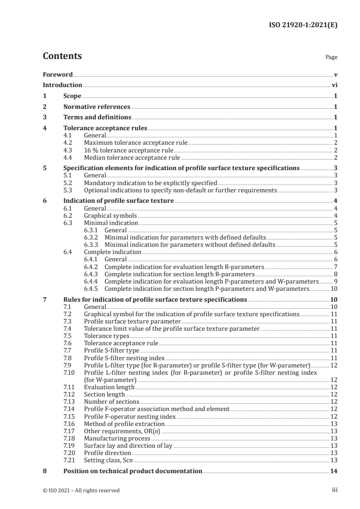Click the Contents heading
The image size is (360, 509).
tap(62, 56)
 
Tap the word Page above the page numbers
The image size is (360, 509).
tap(331, 58)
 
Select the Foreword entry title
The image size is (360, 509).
tap(58, 74)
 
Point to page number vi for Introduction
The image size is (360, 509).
tap(334, 85)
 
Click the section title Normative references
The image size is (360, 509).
tap(97, 107)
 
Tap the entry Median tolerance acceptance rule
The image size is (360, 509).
tap(132, 158)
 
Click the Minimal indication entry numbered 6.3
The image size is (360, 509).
tap(111, 223)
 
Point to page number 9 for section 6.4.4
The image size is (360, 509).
tap(335, 281)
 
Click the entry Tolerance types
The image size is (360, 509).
tap(106, 336)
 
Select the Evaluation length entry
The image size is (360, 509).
tap(109, 387)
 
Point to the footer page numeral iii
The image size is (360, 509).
tap(335, 490)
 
